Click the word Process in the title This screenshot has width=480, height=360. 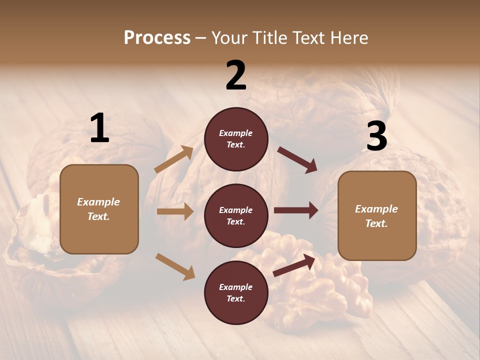pos(157,38)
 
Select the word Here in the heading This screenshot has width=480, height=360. pos(348,38)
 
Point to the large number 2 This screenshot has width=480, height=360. pos(236,75)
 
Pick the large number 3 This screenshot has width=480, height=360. pos(376,136)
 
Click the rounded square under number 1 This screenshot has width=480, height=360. pos(99,209)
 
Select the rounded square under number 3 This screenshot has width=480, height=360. pos(377,215)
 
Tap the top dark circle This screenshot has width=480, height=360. pos(236,139)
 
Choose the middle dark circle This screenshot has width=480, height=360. pos(236,215)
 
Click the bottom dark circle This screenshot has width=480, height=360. pos(236,292)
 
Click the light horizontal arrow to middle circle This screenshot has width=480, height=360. pos(175,211)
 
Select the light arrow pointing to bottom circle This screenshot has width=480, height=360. pos(175,266)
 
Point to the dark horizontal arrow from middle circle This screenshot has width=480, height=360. pos(296,210)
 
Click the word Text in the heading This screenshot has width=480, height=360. pos(309,38)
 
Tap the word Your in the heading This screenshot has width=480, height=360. pos(229,38)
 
